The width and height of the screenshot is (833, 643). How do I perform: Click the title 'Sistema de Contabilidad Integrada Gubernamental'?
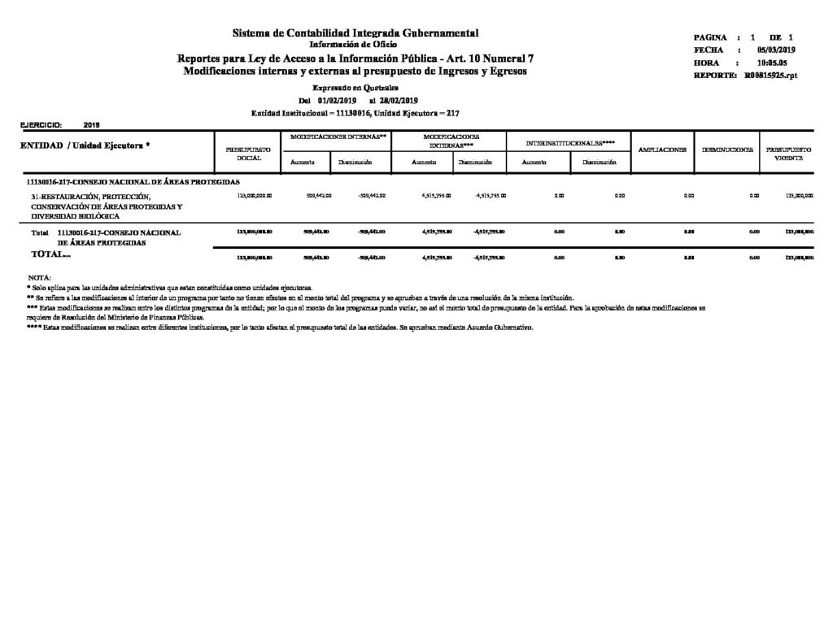coord(355,33)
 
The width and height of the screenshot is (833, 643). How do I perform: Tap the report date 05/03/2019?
coord(774,50)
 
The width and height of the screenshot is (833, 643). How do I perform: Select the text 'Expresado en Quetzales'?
coord(355,87)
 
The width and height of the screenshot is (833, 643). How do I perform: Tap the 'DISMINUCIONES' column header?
coord(726,150)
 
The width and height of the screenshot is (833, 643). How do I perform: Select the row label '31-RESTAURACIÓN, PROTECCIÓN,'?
coord(91,197)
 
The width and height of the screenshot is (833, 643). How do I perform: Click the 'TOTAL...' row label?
coord(50,255)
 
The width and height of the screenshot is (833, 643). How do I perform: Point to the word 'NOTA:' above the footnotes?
coord(38,278)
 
